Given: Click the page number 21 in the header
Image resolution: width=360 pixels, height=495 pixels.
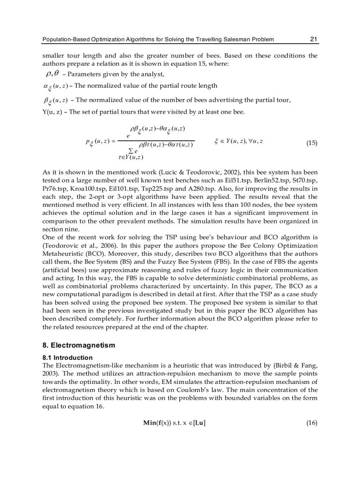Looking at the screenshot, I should (x=314, y=39).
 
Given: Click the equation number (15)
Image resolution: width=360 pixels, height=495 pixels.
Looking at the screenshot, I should (x=311, y=143).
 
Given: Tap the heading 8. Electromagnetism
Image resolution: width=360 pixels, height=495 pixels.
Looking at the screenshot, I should (x=79, y=345).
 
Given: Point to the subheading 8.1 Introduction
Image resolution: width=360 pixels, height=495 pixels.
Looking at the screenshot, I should (x=67, y=357).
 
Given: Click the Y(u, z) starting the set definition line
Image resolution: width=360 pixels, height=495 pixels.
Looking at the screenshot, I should (x=52, y=112).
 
